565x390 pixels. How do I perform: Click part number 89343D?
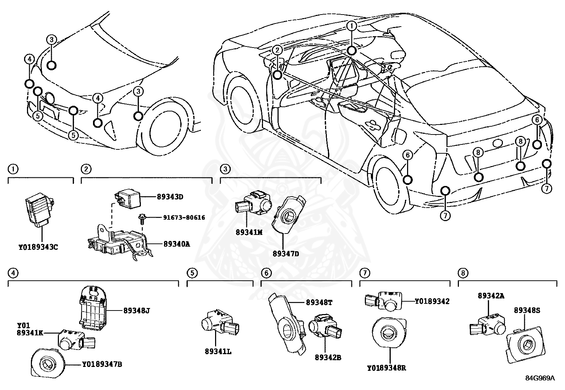coord(169,196)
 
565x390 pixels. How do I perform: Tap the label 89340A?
coord(176,244)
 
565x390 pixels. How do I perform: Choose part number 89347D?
coord(286,254)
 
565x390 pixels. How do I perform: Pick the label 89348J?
coord(137,310)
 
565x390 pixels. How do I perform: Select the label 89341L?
coord(218,351)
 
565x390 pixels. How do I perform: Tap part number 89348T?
coord(319,302)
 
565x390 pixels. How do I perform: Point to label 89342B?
coord(328,358)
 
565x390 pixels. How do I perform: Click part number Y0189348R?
coord(386,368)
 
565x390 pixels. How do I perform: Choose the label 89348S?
coord(527,310)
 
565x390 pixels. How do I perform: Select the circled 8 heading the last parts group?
coord(463,273)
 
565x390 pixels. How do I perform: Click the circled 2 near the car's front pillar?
coord(277,50)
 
